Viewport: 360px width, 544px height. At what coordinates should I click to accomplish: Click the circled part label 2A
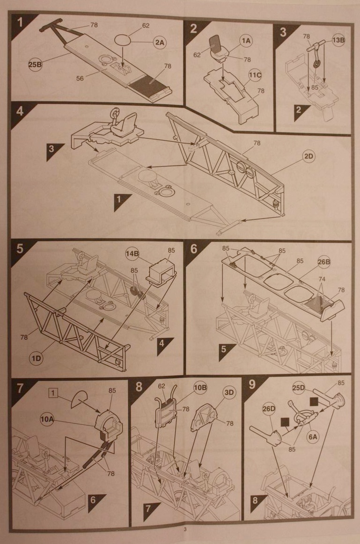(x=160, y=43)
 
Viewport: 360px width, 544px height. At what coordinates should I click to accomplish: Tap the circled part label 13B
(x=338, y=40)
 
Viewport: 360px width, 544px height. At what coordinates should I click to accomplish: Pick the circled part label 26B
(x=323, y=262)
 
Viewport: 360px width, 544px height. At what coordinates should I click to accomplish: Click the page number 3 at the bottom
(x=185, y=529)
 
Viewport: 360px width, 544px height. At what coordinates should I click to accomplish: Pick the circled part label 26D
(x=269, y=408)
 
